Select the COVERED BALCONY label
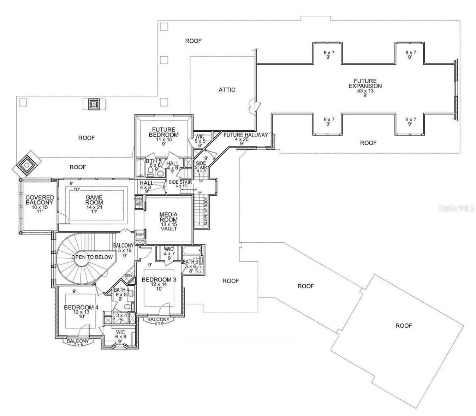coord(40,200)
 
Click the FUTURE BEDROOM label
coord(164,132)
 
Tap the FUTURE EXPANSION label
coord(365,83)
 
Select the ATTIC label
coord(227,89)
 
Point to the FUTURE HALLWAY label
coord(245,135)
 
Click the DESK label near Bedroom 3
coord(129,276)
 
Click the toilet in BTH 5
coord(151,171)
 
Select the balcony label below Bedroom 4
coord(78,341)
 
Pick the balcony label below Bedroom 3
coord(158,319)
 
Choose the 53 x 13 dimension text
coord(365,91)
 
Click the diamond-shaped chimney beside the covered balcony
coord(26,164)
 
